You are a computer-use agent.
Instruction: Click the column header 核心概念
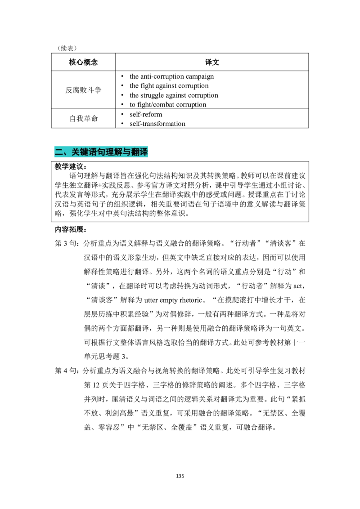click(x=83, y=62)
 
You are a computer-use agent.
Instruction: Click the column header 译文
click(x=212, y=62)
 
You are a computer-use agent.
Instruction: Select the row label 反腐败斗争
click(x=83, y=90)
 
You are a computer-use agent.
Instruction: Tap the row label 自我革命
click(x=83, y=119)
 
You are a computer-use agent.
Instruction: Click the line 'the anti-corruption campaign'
click(x=171, y=76)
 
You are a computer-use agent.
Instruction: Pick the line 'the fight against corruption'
click(x=169, y=86)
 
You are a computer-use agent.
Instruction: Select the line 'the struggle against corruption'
click(x=174, y=95)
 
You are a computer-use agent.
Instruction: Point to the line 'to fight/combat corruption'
click(x=168, y=104)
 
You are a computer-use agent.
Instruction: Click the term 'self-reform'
click(x=145, y=114)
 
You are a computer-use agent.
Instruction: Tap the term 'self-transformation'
click(x=157, y=124)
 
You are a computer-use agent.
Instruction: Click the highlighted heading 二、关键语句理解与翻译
click(x=101, y=152)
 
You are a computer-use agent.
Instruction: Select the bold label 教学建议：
click(x=71, y=166)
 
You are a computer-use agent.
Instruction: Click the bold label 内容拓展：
click(x=71, y=229)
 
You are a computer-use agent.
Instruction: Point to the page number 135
click(x=180, y=476)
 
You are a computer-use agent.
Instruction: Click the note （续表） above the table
click(x=67, y=48)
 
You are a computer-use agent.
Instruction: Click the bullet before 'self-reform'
click(x=122, y=114)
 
